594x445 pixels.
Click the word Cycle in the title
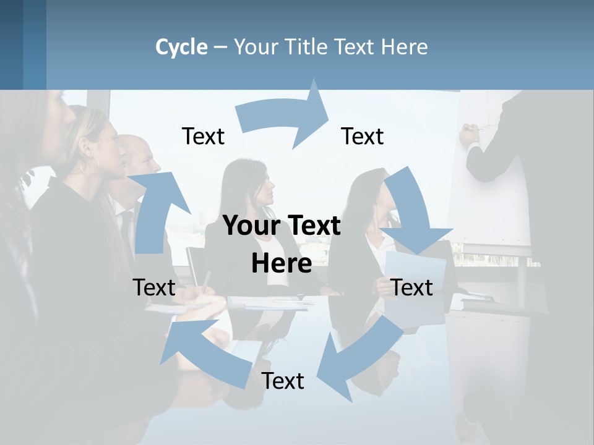(181, 47)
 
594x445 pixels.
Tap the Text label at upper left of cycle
(203, 137)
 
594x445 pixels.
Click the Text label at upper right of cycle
(363, 137)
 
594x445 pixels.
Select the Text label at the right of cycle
(412, 287)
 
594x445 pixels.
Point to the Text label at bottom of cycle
(283, 381)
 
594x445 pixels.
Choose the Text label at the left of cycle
(154, 287)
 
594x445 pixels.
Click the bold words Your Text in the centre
(282, 226)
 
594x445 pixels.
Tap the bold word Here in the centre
(282, 263)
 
